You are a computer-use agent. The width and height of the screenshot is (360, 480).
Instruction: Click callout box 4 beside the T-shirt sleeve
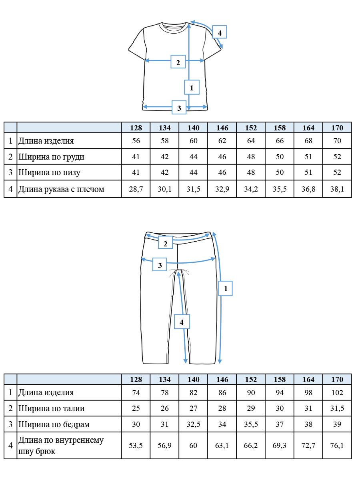click(x=220, y=32)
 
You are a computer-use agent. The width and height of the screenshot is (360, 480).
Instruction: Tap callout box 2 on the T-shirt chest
click(x=178, y=62)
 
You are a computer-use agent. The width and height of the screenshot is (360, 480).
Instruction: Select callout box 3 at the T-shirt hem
click(x=179, y=107)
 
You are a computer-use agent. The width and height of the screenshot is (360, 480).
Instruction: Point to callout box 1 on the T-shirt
click(x=192, y=87)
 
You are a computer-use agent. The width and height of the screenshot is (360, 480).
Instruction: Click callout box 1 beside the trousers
click(x=226, y=288)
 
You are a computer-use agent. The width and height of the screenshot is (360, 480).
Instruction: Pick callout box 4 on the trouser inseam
click(x=182, y=322)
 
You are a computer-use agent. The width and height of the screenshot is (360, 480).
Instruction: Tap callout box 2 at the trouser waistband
click(x=166, y=242)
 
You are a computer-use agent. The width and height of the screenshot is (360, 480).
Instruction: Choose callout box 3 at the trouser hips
click(x=160, y=264)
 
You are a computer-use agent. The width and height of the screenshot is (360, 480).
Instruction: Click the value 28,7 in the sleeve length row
click(x=136, y=189)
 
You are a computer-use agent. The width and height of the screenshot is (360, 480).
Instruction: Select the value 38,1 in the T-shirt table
click(x=337, y=189)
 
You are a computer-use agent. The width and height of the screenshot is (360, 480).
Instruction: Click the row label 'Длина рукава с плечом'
click(x=62, y=189)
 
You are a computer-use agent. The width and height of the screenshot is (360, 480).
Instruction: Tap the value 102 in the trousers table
click(x=337, y=392)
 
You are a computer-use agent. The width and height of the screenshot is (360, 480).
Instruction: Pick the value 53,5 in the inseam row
click(x=136, y=446)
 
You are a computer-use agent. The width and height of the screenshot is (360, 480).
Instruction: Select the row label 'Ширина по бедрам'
click(x=54, y=424)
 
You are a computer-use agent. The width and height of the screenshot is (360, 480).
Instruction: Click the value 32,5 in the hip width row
click(x=194, y=424)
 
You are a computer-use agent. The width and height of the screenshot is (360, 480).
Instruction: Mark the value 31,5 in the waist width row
click(x=337, y=408)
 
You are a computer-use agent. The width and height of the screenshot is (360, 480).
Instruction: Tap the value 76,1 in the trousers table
click(x=337, y=446)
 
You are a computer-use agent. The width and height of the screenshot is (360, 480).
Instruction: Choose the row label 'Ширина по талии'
click(x=51, y=408)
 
